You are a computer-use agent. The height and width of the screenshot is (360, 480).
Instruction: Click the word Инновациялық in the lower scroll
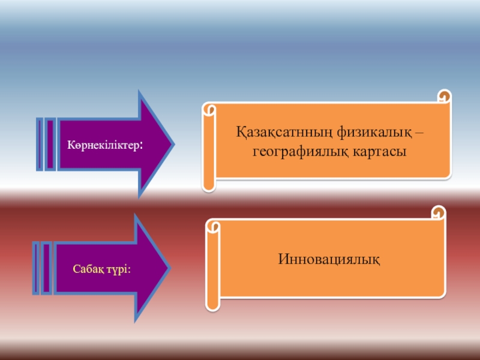tap(329, 259)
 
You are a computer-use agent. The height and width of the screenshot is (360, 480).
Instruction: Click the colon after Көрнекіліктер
tap(141, 146)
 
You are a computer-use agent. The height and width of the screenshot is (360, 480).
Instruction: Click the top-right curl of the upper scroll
tap(444, 96)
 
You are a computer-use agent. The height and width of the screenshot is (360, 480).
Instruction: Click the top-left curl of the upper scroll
tap(209, 110)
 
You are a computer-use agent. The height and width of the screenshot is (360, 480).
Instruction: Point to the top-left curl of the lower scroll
tap(212, 227)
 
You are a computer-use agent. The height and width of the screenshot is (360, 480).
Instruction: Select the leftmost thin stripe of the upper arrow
tap(40, 144)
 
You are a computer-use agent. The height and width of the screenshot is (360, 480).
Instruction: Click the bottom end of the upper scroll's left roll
tap(209, 185)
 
